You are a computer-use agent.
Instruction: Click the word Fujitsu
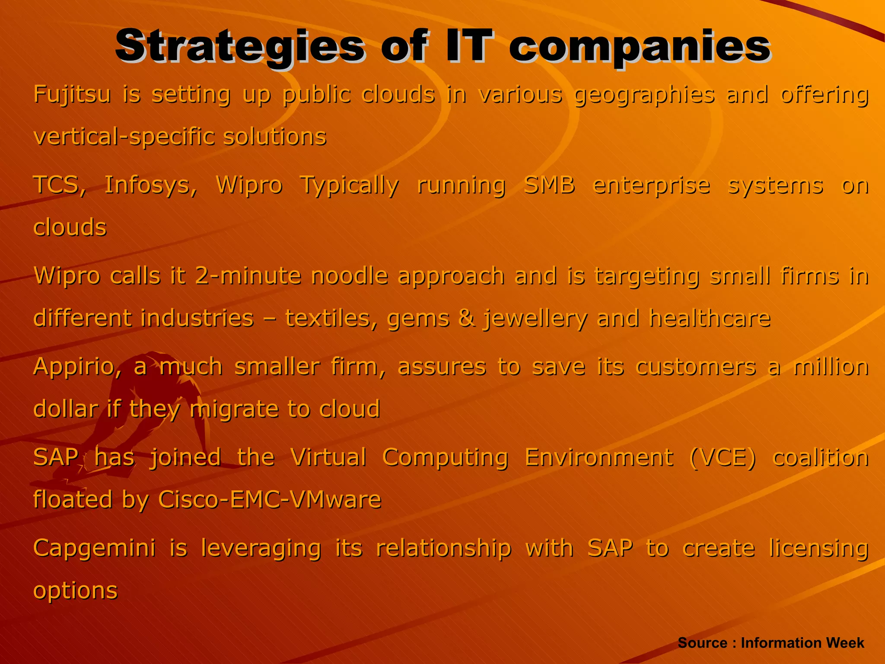tap(72, 94)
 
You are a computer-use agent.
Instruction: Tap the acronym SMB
tap(549, 185)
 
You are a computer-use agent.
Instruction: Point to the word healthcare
tap(710, 318)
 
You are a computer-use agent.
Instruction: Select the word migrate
tap(234, 409)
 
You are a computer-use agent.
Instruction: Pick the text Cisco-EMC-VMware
tap(270, 499)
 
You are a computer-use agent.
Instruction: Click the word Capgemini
tap(94, 548)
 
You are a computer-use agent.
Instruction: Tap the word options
tap(75, 591)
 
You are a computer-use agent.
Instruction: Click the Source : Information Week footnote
tap(771, 643)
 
